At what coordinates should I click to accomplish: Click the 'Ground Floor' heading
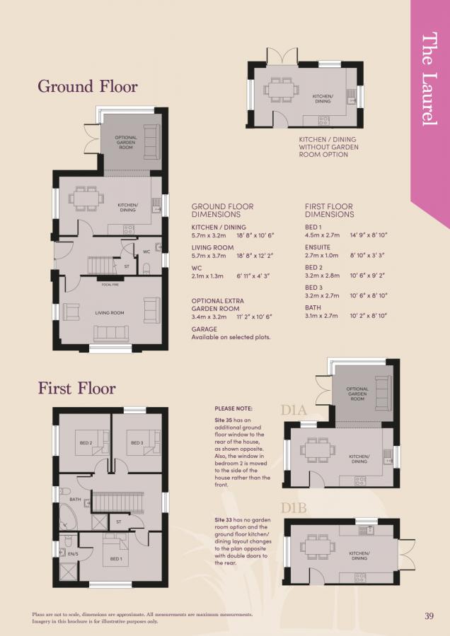tap(87, 87)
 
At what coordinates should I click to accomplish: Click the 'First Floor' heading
tap(76, 388)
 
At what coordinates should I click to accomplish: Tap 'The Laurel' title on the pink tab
tap(429, 79)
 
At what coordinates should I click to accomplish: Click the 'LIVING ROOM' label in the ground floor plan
tap(110, 312)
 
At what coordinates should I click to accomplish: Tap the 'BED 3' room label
tap(137, 443)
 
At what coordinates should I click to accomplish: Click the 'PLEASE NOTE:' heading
tap(233, 408)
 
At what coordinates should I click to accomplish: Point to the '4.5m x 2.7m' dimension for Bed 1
tap(322, 235)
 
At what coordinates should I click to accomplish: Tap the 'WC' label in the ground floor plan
tap(146, 251)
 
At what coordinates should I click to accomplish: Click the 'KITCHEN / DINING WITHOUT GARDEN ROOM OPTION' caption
tap(328, 147)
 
